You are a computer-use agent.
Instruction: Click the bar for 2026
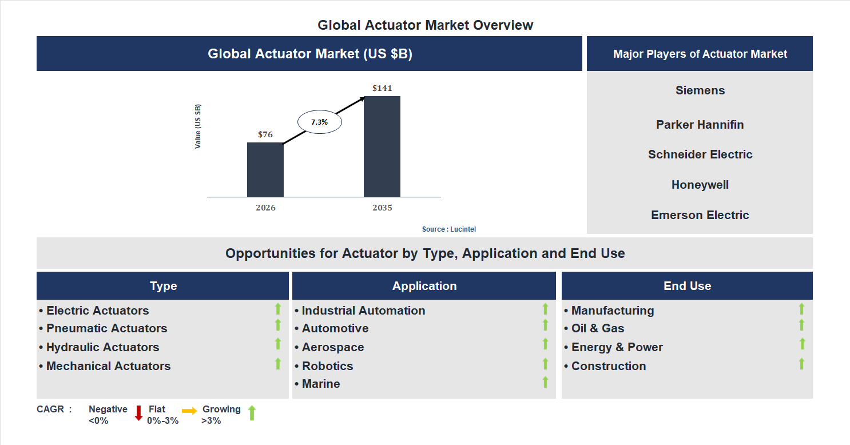265,169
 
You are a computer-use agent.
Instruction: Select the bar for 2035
382,146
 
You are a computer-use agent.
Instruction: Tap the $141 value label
382,88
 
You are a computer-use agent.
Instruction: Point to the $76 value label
265,134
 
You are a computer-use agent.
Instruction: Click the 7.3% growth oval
319,122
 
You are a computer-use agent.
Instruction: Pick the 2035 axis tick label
382,208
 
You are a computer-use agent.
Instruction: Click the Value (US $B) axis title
198,126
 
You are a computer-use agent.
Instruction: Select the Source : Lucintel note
449,229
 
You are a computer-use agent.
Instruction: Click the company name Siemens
700,90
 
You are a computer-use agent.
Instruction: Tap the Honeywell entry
700,185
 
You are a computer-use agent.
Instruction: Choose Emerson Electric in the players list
700,215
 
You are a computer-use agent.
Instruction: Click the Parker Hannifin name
700,125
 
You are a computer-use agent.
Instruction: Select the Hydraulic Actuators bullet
102,347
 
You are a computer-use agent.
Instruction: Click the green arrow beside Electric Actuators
278,309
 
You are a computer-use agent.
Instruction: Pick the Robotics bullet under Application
327,366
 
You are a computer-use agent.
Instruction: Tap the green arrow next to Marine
545,382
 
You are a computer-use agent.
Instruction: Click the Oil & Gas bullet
597,328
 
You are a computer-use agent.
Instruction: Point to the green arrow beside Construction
801,363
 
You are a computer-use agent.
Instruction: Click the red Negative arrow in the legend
138,413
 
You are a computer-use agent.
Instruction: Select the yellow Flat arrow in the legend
189,411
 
